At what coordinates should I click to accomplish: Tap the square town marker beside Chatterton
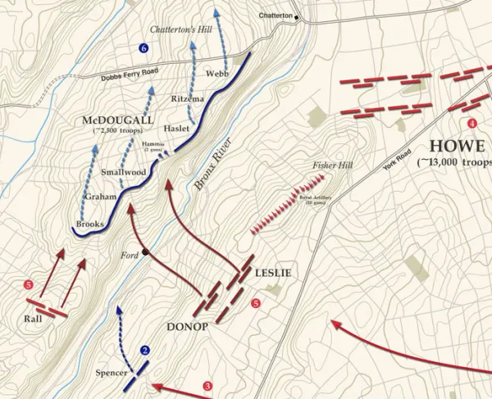tap(298, 16)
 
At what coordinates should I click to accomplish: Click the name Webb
tap(217, 73)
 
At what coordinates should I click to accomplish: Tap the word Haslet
tap(175, 129)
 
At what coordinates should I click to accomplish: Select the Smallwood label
tap(123, 172)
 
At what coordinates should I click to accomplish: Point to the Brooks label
tap(89, 223)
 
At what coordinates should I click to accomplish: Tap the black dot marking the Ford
tap(145, 252)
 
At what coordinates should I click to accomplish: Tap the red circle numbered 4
tap(471, 124)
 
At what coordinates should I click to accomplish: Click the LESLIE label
tap(273, 273)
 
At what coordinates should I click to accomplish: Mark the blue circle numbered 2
tap(145, 351)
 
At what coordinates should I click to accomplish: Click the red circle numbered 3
tap(207, 386)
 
